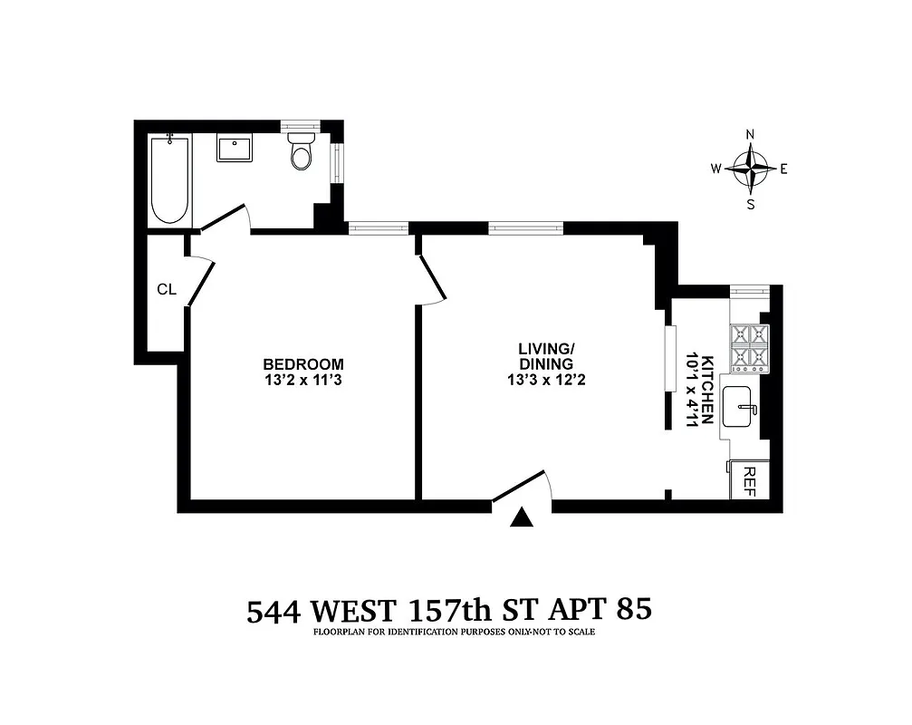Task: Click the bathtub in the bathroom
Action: click(x=170, y=179)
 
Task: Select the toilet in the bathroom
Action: click(x=301, y=153)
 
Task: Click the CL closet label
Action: click(x=166, y=289)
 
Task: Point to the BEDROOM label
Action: click(x=303, y=364)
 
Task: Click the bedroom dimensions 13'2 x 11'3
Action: click(x=303, y=381)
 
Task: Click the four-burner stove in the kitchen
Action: click(x=749, y=348)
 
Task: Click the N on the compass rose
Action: click(x=750, y=135)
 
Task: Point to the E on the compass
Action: click(x=784, y=169)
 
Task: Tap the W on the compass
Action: click(x=715, y=169)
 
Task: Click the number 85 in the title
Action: click(x=632, y=609)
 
